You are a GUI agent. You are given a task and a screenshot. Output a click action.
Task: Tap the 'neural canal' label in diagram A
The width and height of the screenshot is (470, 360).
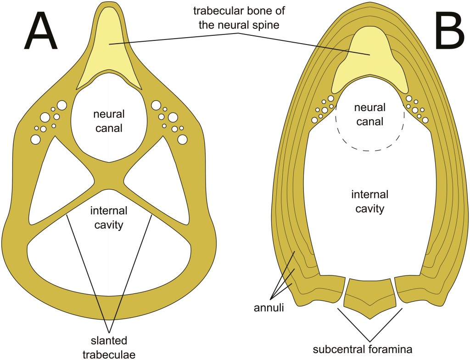point(109,121)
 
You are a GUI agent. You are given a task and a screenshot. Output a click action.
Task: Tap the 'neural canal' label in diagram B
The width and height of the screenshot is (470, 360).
point(369,114)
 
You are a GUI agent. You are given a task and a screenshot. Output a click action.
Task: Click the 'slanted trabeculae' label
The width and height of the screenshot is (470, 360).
point(109,347)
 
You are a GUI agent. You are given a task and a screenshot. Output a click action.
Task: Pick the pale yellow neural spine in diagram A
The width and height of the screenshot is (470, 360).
point(108,51)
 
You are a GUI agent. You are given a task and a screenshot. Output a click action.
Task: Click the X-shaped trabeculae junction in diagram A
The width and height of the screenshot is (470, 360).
point(109,177)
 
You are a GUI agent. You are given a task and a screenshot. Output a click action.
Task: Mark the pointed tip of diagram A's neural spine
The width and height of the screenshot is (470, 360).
point(108,6)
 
